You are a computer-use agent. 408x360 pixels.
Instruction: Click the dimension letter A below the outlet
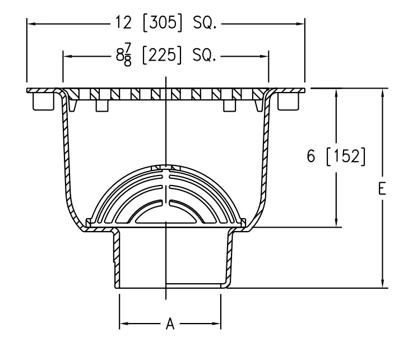coord(170,324)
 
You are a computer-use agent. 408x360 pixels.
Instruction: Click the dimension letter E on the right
coord(382,189)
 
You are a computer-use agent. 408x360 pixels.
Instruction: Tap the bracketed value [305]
coord(163,22)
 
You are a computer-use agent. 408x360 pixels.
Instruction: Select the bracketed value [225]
coord(161,55)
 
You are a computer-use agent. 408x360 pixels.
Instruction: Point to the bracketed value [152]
coord(346,156)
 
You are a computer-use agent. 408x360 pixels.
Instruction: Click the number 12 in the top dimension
coord(123,22)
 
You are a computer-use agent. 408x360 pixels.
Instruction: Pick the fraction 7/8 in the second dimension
coord(128,55)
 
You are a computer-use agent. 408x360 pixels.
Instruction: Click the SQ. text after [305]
coord(205,23)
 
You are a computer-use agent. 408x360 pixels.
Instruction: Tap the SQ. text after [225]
coord(204,56)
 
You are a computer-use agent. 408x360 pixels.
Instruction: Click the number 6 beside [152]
coord(311,156)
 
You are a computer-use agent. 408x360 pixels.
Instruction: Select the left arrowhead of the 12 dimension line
coord(31,24)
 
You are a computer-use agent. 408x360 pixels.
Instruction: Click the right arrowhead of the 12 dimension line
coord(300,24)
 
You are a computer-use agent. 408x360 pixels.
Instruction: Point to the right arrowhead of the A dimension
coord(216,324)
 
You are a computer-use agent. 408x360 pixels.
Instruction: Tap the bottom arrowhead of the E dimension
coord(382,284)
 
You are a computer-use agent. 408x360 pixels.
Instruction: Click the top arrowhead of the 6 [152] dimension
coord(336,93)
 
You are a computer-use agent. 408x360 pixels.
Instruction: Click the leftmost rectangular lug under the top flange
coord(43,101)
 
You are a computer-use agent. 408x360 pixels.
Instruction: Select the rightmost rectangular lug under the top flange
coord(288,101)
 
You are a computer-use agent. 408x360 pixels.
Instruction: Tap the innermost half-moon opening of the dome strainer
coord(166,213)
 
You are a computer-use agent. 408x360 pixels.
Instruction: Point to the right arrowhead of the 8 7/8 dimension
coord(263,56)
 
